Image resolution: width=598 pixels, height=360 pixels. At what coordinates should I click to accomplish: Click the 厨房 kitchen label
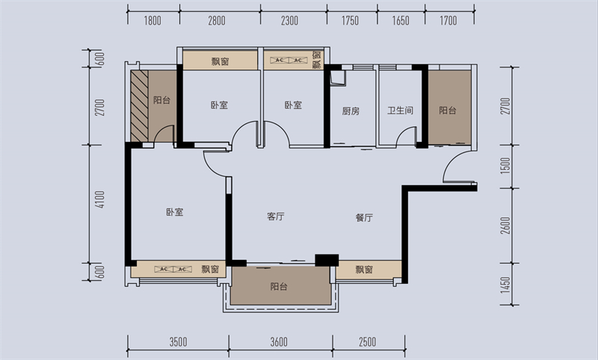(351, 111)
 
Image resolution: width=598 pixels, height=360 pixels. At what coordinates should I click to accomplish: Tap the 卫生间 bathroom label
(400, 111)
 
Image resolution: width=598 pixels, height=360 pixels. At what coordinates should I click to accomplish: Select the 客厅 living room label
(275, 217)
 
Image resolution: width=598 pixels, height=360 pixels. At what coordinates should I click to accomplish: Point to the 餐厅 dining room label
(364, 217)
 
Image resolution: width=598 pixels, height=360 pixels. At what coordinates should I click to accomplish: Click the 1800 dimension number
(152, 21)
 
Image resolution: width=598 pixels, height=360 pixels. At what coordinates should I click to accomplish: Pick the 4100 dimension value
(100, 199)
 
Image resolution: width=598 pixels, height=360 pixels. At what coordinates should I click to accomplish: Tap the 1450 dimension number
(505, 285)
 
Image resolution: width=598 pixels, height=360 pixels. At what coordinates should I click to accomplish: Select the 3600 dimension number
(279, 342)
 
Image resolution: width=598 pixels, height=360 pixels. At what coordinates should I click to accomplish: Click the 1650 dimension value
(401, 21)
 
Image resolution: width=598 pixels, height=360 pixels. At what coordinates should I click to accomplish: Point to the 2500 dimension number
(367, 342)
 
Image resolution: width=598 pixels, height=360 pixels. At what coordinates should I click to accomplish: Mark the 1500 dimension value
(505, 166)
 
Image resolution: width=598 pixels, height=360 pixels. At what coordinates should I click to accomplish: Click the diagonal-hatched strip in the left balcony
(140, 106)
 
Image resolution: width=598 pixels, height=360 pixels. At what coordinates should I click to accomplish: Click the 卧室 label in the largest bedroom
(175, 212)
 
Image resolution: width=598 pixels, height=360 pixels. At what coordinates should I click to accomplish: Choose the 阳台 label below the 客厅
(279, 287)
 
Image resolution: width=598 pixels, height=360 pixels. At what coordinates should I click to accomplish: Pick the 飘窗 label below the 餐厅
(364, 270)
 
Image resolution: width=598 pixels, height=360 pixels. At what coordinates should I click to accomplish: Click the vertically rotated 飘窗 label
(316, 60)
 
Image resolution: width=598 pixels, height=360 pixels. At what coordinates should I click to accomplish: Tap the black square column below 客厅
(327, 260)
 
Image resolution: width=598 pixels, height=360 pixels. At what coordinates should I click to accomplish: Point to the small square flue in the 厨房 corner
(338, 78)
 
